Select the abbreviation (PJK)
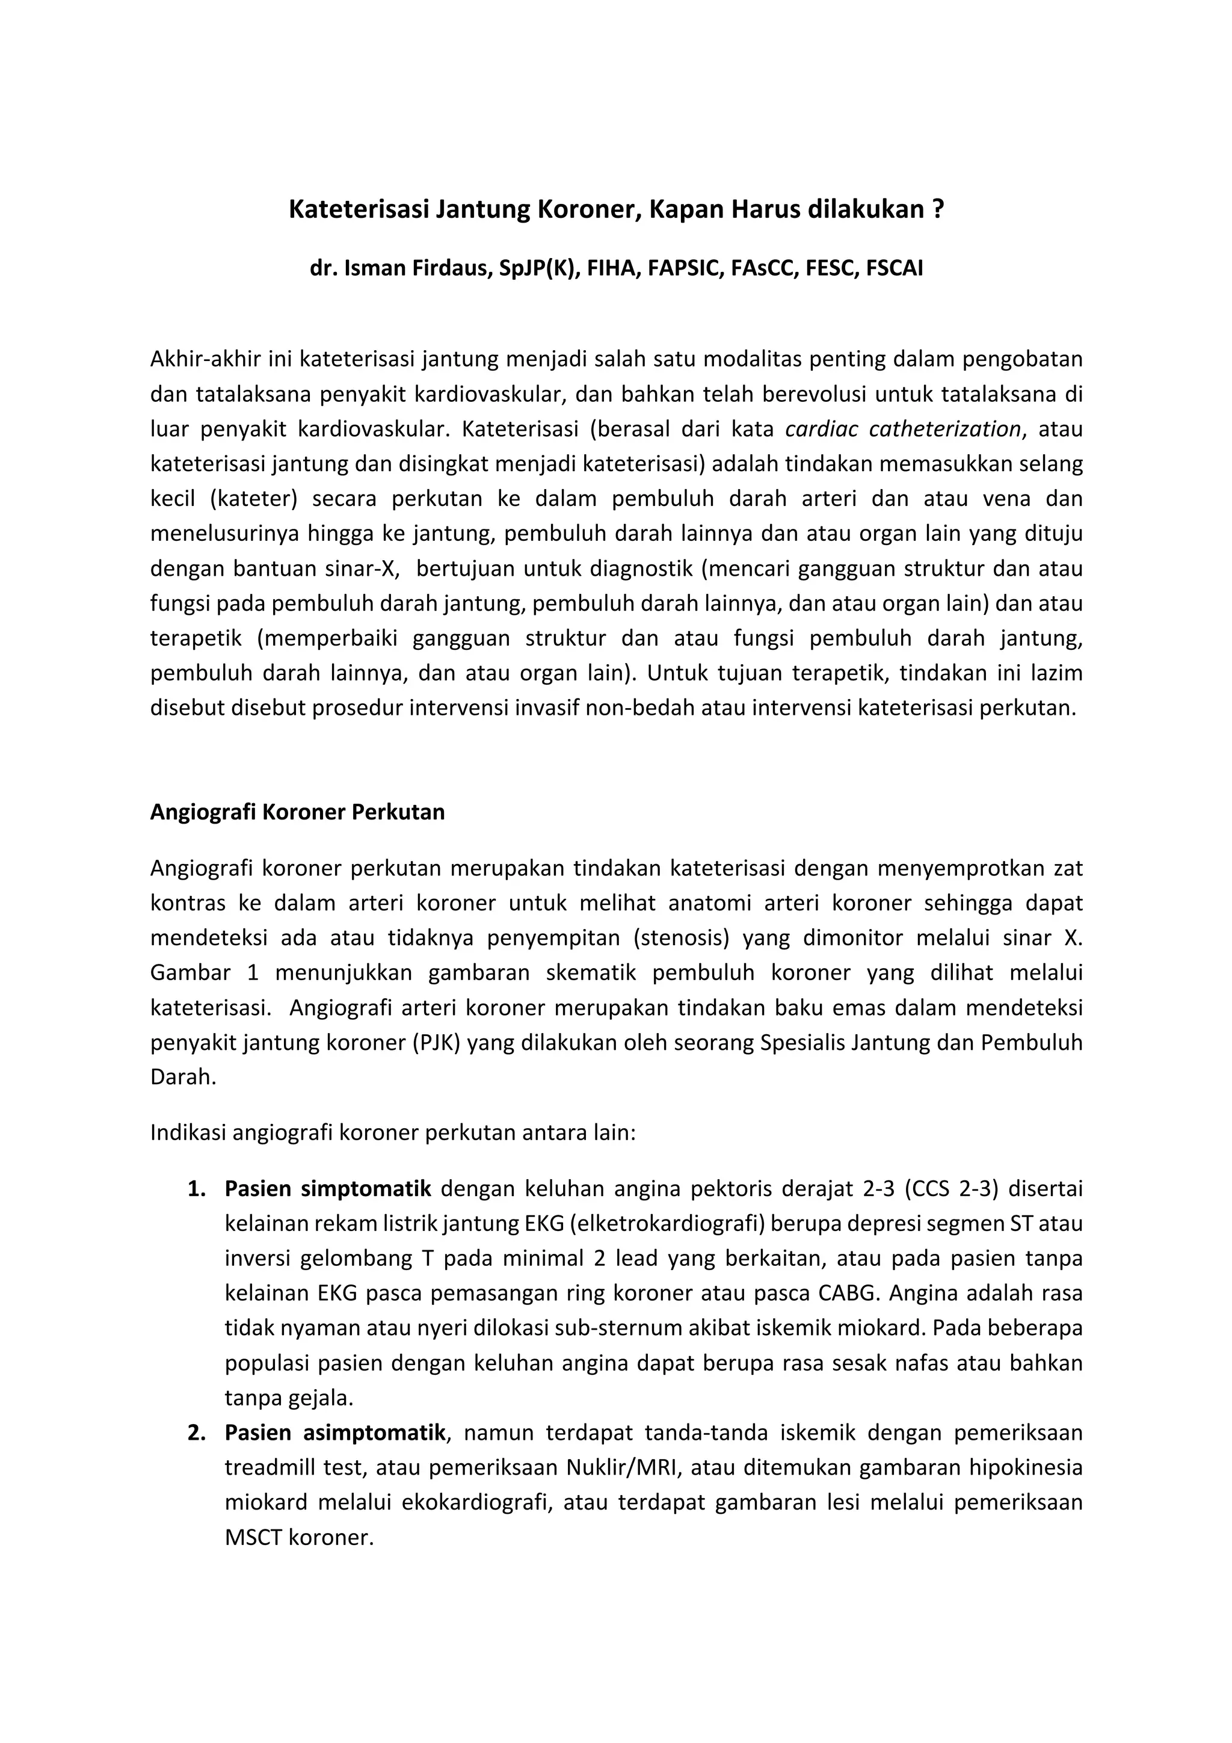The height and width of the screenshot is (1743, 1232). (437, 1043)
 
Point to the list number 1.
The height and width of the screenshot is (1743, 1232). (197, 1189)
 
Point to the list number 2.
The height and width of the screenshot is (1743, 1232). (197, 1433)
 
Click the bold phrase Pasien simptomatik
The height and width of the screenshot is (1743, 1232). (328, 1189)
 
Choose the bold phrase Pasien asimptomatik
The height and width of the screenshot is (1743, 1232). (334, 1433)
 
